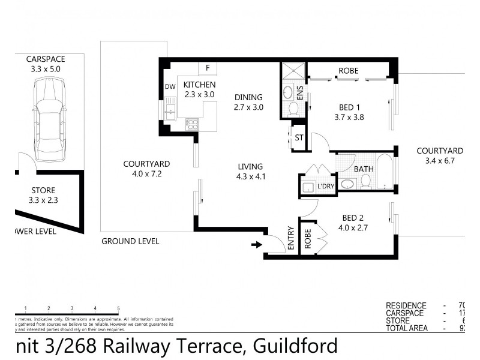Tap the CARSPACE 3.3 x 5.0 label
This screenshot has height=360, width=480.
pos(46,64)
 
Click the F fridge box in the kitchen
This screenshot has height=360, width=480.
pos(208,68)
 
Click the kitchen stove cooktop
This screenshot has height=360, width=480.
pos(193,124)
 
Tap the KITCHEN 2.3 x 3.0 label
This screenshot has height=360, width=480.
pos(199,89)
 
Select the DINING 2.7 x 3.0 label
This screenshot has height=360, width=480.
pos(249,102)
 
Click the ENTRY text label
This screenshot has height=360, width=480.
pos(291,238)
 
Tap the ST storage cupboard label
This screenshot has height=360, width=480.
pos(299,138)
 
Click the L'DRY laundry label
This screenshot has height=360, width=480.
pos(325,187)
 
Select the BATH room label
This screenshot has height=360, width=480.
pos(363,169)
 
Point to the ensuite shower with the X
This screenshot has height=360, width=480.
pos(293,71)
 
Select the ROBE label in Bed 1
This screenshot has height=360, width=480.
pos(348,71)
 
